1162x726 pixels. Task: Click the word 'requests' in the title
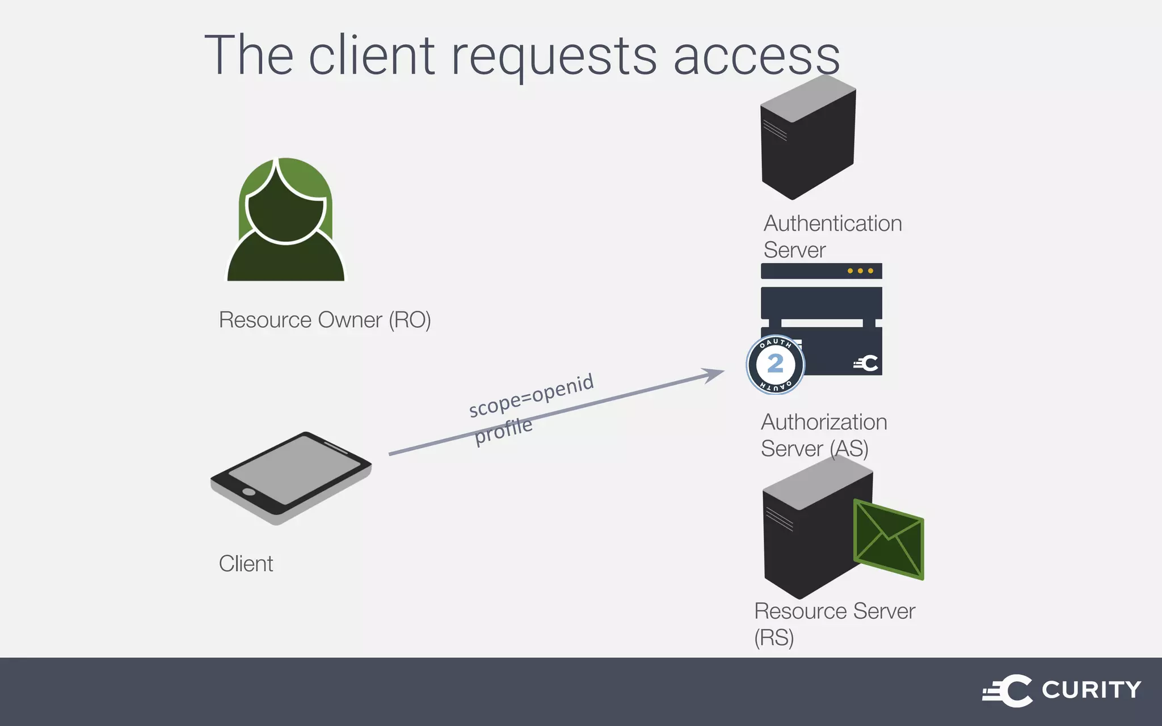[x=553, y=57]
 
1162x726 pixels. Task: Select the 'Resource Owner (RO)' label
[x=325, y=320]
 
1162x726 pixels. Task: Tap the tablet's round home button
[x=249, y=491]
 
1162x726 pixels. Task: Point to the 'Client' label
[x=246, y=564]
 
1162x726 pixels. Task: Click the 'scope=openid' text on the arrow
[x=531, y=395]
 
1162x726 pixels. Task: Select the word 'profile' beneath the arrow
[x=503, y=431]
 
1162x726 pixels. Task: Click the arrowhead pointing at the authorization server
[x=714, y=374]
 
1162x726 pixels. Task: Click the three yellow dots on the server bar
[x=860, y=271]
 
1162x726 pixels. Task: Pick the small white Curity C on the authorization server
[x=867, y=364]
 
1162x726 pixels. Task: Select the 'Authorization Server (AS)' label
[x=823, y=435]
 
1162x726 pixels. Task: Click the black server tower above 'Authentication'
[x=807, y=139]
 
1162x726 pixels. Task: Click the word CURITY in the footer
[x=1091, y=690]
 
